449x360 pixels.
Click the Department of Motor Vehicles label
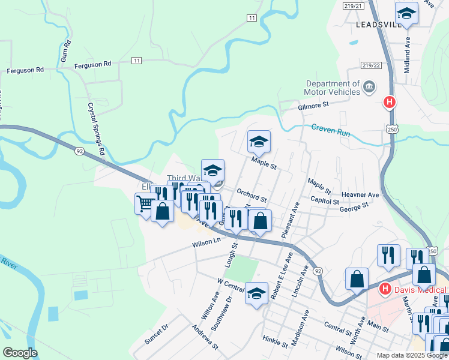pos(333,88)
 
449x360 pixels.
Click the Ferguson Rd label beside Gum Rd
pos(93,64)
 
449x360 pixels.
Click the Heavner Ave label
pos(360,195)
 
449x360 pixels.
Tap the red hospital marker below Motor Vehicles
pos(389,103)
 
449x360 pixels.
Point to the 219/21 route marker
pos(372,5)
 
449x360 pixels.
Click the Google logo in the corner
pos(20,353)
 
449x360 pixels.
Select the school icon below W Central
pos(256,293)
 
